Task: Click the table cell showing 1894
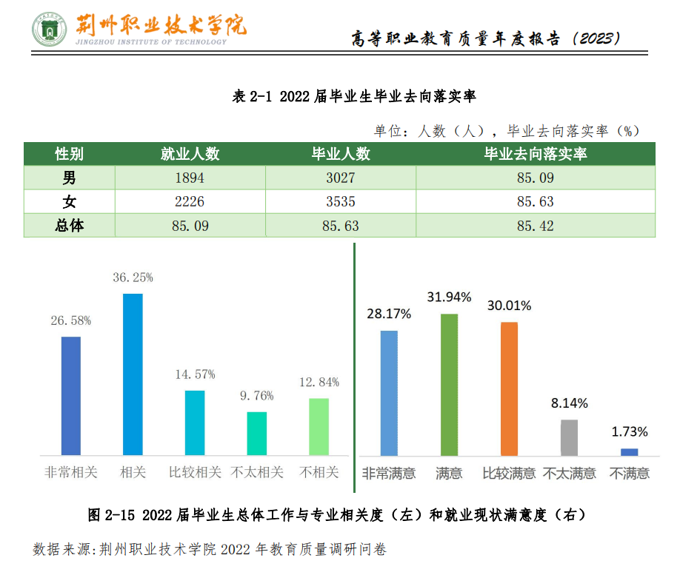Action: pos(189,178)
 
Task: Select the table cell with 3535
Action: pos(340,202)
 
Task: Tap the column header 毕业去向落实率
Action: pos(535,154)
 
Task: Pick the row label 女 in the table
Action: pos(69,202)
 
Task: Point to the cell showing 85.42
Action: pos(535,226)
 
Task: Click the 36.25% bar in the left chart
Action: pos(133,374)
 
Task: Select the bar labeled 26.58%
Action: pos(71,395)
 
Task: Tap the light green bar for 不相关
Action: pos(319,426)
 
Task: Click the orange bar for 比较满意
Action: pos(509,388)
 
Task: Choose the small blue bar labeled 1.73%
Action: pos(629,451)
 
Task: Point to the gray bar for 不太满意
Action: pos(569,437)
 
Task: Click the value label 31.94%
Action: pos(449,297)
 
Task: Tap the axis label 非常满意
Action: pos(388,473)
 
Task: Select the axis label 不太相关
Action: pos(257,472)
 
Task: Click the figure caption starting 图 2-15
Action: pos(341,514)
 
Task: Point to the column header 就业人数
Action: pos(190,154)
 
